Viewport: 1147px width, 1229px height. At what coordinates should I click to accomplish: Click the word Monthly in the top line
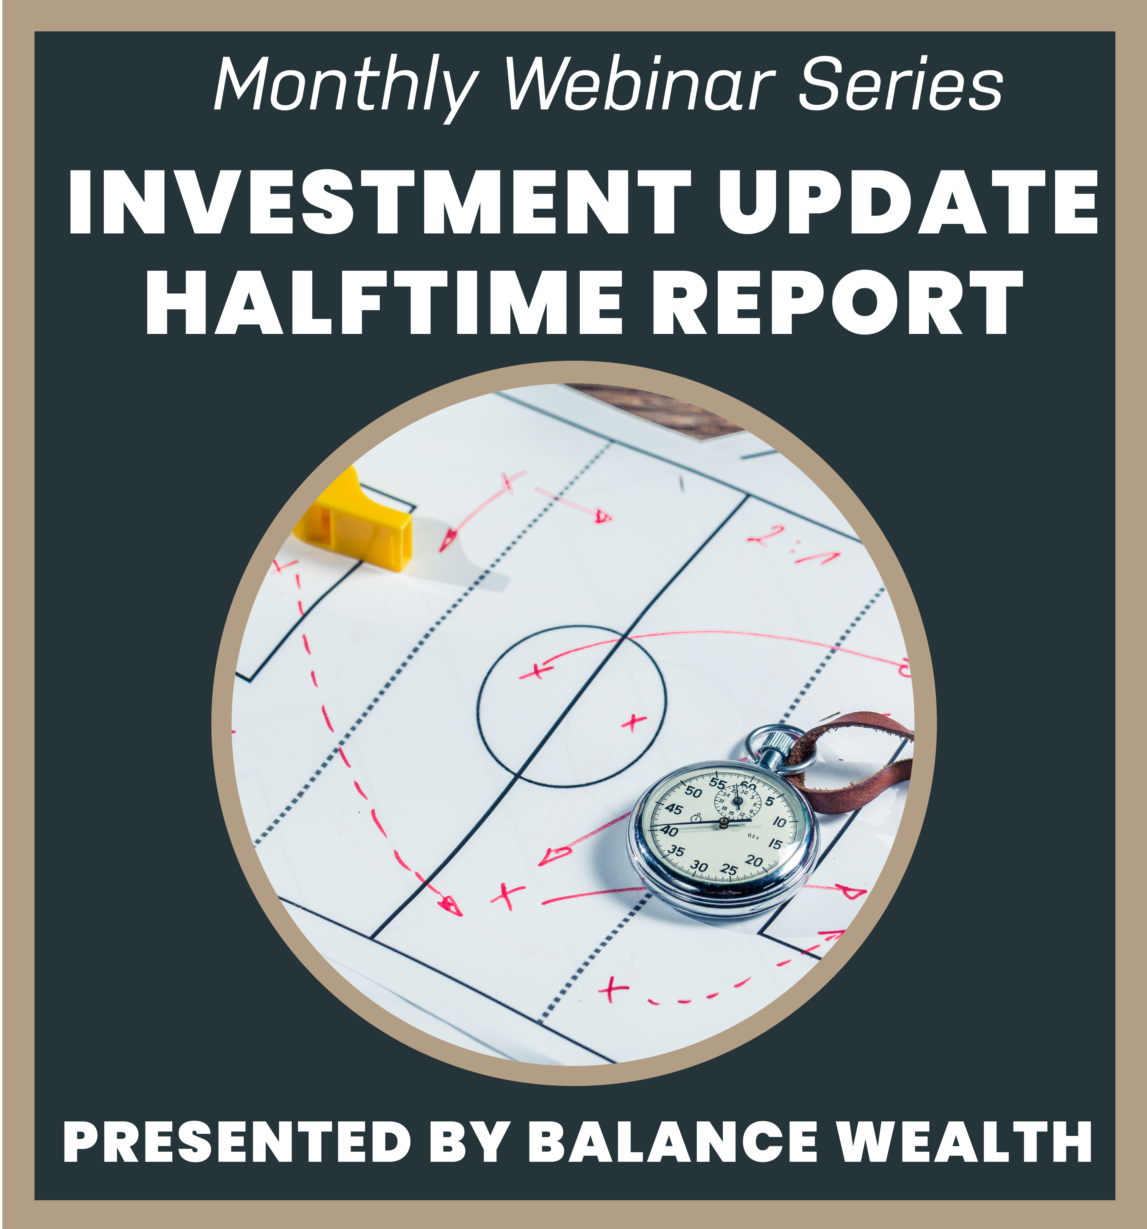coord(346,87)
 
